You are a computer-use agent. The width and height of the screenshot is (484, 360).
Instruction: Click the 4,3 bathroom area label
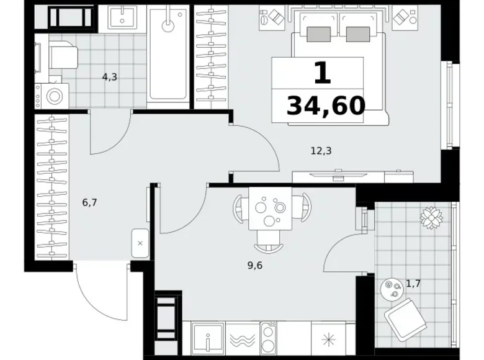[109, 78]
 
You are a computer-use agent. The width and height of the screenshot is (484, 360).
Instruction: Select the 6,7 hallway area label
[89, 202]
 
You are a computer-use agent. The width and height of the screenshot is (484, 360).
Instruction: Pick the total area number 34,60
[326, 106]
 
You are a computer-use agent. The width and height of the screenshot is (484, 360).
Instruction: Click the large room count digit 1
[321, 73]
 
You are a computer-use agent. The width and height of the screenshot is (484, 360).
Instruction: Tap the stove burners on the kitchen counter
[271, 340]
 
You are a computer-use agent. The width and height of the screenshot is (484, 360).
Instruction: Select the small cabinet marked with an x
[140, 243]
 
